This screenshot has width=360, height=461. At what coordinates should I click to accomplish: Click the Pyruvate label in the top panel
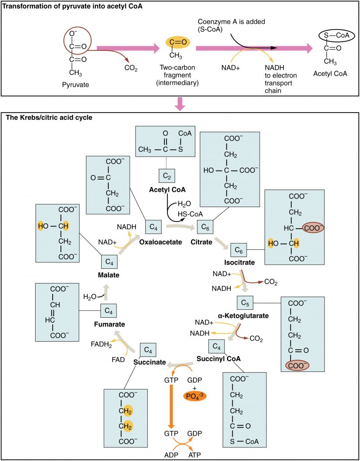pyautogui.click(x=74, y=84)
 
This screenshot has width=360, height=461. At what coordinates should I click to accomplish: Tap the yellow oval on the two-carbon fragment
pyautogui.click(x=177, y=42)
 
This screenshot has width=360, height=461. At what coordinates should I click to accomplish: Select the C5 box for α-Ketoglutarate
pyautogui.click(x=245, y=303)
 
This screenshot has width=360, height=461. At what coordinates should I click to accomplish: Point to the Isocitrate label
pyautogui.click(x=240, y=262)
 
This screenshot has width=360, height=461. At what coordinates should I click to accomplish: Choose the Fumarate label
pyautogui.click(x=110, y=324)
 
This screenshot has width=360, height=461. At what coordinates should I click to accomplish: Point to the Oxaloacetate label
pyautogui.click(x=160, y=242)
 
